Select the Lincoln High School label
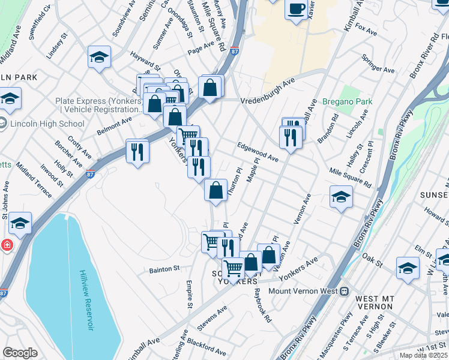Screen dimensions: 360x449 (47, 124)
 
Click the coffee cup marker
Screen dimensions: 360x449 (296, 9)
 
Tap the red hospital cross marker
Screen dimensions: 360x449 (7, 245)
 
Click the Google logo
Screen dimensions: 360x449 (20, 353)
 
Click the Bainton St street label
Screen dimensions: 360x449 (164, 269)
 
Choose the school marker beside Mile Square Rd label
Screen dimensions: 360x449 (340, 196)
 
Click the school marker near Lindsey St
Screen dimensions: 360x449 (99, 57)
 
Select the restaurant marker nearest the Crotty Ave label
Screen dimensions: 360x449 (137, 151)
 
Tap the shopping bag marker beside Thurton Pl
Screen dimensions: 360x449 (215, 190)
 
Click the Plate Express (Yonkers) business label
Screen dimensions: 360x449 (98, 105)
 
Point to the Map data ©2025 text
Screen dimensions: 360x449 (423, 355)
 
